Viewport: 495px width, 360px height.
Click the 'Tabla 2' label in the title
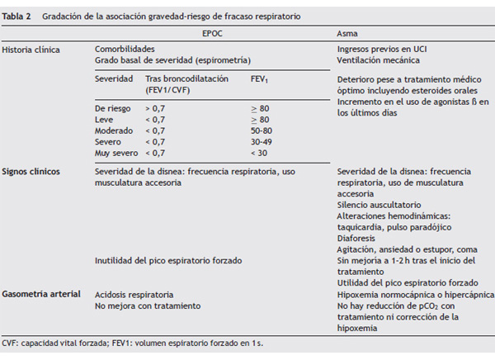coord(17,16)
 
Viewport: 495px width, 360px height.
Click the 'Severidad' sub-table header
coord(113,78)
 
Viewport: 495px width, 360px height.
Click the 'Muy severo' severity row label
coord(115,152)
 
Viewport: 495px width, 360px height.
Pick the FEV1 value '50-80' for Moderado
coord(262,130)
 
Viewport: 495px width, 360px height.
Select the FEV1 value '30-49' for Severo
coord(262,141)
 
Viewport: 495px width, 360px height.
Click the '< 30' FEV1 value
coord(259,152)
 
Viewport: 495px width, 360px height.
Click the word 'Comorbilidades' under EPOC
coord(125,50)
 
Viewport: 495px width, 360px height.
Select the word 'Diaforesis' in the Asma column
coord(356,238)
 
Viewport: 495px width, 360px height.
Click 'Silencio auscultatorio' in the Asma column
coord(379,204)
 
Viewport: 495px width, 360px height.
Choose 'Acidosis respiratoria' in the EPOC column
coord(134,294)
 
